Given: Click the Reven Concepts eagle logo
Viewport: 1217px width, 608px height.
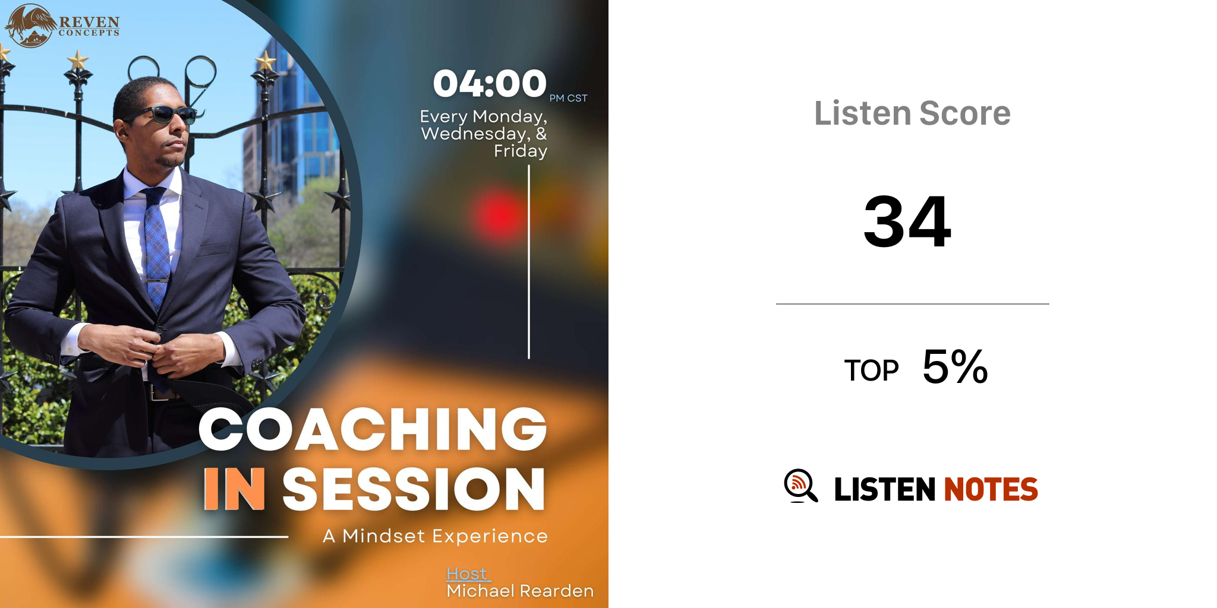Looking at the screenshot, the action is point(31,26).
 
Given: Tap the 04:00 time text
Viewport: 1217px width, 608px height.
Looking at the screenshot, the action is point(490,84).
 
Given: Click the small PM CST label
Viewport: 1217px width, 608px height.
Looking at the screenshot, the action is point(568,98).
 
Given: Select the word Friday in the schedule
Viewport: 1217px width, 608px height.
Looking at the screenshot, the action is point(521,151).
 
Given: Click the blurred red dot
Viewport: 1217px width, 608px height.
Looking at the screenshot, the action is point(500,216).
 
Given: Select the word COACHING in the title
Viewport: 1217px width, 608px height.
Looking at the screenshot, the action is point(373,429).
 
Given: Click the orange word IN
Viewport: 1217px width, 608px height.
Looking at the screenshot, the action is point(234,489).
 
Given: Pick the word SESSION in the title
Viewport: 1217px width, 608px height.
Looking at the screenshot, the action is point(414,489).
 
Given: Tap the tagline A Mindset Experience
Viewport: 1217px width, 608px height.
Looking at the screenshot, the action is point(435,536).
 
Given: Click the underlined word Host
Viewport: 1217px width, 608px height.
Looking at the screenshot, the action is point(467,574).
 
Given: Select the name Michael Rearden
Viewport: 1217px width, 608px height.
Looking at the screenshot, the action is point(520,591).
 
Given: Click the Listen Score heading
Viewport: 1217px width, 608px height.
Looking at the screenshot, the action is point(912,113).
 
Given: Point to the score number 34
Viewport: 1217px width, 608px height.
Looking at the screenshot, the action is point(907,221).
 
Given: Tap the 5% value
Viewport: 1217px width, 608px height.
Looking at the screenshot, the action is point(955,367).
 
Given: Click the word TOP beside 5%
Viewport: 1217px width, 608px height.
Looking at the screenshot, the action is point(871,370).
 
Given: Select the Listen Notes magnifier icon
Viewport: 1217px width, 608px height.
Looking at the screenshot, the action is point(800,486).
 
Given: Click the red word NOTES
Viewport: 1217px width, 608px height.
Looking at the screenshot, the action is point(991,489).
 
